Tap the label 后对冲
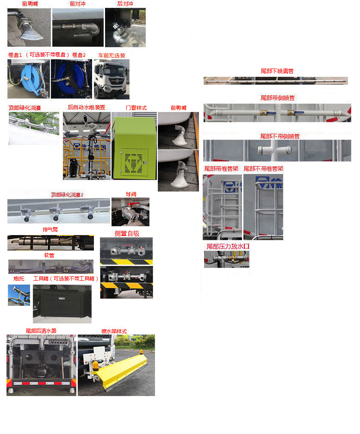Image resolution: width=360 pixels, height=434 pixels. click(125, 4)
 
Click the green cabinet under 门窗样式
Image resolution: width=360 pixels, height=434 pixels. click(134, 146)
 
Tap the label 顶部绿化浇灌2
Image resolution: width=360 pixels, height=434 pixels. click(67, 195)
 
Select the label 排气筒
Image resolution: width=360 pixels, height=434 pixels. click(50, 230)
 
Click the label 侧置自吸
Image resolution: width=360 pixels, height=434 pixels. click(127, 233)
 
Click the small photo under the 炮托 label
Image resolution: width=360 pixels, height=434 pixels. click(19, 295)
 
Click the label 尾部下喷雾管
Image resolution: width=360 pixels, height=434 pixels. click(277, 71)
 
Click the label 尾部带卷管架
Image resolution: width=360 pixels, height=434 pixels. click(221, 169)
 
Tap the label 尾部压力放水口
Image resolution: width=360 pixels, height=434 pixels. click(228, 247)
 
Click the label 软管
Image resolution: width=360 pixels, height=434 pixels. click(49, 255)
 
